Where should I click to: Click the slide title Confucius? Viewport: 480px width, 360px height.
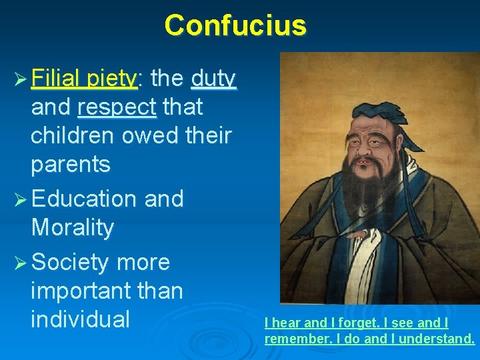pyautogui.click(x=235, y=25)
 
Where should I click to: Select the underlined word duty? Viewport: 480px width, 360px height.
pyautogui.click(x=213, y=79)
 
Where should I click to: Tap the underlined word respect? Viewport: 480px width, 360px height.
pyautogui.click(x=117, y=107)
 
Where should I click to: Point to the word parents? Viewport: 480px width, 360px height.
pyautogui.click(x=70, y=165)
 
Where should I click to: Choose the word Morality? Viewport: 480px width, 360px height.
pyautogui.click(x=72, y=228)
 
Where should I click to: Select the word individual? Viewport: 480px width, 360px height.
pyautogui.click(x=80, y=319)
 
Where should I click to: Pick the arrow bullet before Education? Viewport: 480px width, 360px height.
pyautogui.click(x=19, y=199)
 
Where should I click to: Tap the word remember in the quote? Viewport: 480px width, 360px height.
pyautogui.click(x=291, y=339)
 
